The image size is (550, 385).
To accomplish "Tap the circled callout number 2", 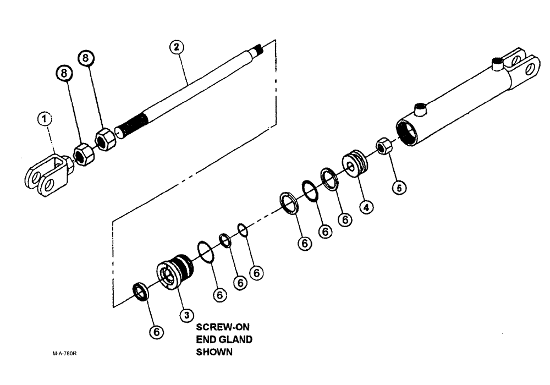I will coord(176,47).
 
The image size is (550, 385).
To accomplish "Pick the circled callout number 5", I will coord(400,188).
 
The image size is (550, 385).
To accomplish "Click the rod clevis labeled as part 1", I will coord(47,174).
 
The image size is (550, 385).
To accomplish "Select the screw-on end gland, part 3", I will coord(175,272).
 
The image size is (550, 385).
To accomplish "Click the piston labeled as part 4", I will coord(355,163).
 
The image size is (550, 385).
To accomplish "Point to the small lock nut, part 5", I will coord(383,146).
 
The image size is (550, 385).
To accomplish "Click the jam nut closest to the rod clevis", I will coord(84,155).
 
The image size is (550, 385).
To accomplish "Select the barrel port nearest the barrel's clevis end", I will coord(498,65).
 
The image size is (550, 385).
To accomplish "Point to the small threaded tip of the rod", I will coord(258,51).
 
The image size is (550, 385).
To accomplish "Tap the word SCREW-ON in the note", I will coord(219,327).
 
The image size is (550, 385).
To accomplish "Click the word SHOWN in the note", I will coord(214,352).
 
